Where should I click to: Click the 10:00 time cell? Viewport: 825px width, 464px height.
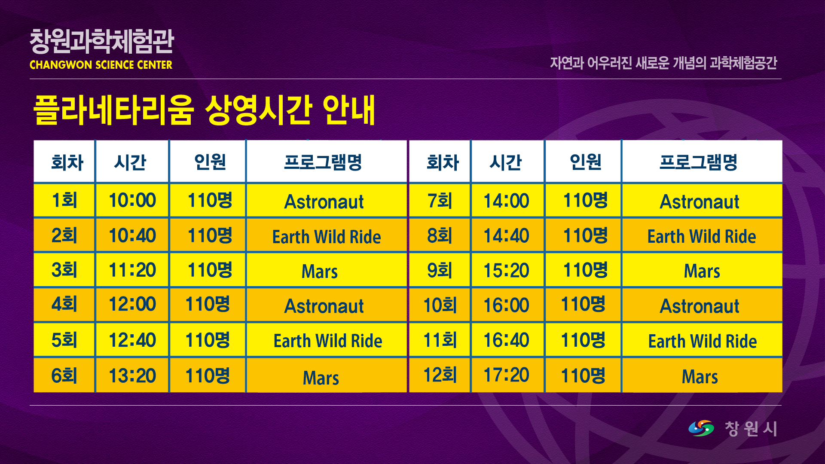coord(132,200)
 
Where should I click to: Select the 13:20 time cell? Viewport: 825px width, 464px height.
coord(132,375)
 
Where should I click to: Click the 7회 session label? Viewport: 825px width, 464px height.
coord(440,201)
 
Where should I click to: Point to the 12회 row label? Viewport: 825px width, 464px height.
coord(440,375)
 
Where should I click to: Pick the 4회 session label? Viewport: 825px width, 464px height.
coord(64,304)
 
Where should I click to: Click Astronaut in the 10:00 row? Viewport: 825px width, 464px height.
coord(324,201)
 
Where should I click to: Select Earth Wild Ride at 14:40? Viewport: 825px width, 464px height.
coord(702,236)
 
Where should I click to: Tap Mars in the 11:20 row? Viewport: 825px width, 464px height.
coord(320,272)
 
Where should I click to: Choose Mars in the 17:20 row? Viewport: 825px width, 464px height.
coord(700,377)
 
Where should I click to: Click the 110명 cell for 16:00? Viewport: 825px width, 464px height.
coord(583,304)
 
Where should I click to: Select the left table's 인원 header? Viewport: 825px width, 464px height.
coord(210,162)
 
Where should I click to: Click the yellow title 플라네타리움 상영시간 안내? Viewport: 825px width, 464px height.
coord(205,110)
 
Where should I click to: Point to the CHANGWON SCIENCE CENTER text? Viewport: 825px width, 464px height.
coord(101,65)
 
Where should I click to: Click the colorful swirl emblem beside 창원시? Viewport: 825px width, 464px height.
coord(701,428)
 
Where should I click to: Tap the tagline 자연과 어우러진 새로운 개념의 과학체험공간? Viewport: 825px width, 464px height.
coord(663,63)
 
